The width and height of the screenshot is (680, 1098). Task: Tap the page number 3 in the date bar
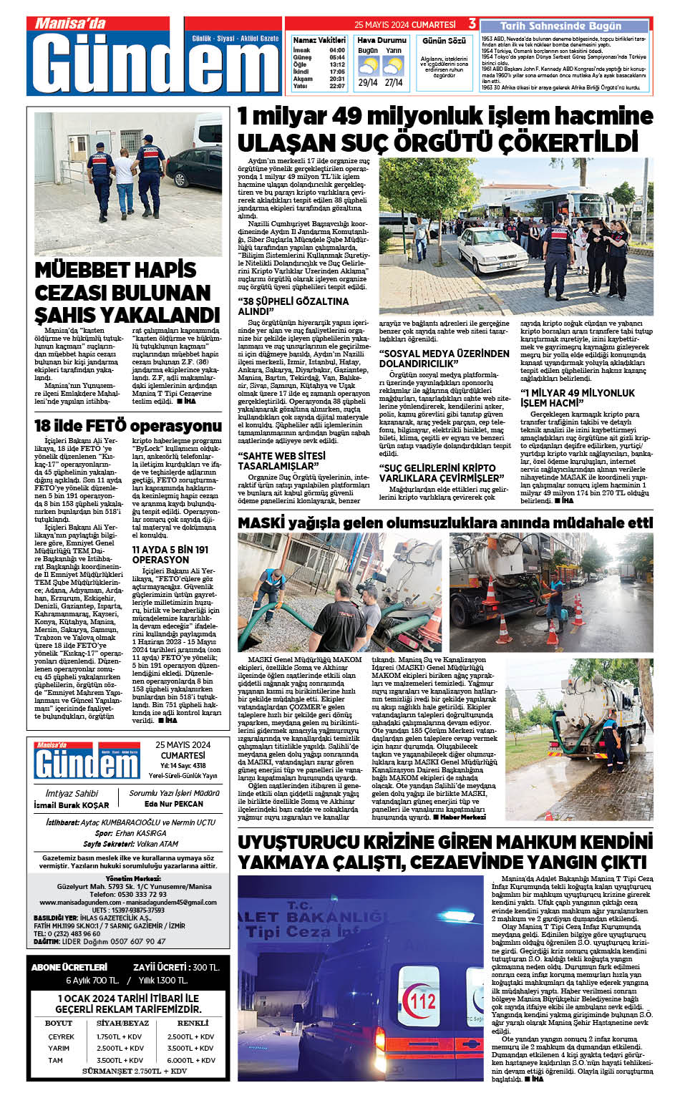472,24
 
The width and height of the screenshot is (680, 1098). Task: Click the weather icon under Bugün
368,67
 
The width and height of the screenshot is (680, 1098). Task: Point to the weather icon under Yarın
394,67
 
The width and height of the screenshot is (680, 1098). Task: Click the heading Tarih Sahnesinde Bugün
560,26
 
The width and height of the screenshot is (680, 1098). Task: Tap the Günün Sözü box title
444,42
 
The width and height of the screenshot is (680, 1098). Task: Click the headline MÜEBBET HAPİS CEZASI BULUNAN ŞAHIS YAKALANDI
127,293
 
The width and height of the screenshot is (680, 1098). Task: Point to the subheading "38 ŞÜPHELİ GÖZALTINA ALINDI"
293,306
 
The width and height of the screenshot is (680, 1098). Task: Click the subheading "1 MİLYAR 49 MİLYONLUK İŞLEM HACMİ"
578,398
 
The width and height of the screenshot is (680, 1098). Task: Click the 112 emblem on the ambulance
422,1001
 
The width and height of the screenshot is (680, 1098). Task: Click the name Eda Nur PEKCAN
174,804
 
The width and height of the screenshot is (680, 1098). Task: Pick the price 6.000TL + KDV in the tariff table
191,1060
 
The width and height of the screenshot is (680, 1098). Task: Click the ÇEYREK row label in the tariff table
61,1036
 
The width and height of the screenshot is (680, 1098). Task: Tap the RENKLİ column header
193,1023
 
